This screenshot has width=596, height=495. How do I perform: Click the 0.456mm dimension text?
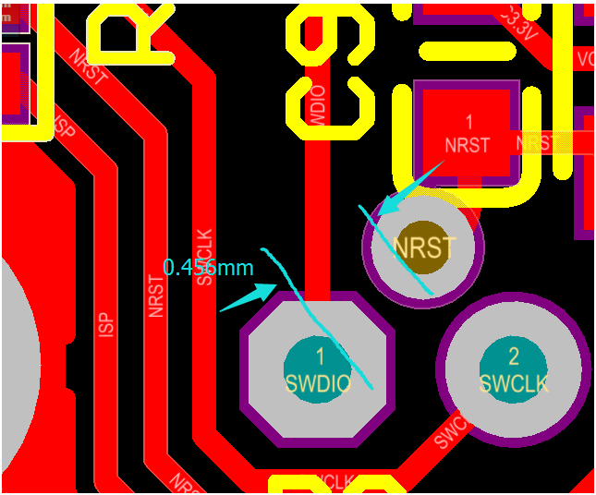(x=208, y=268)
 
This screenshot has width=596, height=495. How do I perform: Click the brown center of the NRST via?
(x=424, y=247)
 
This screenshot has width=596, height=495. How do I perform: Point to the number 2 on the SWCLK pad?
(x=514, y=356)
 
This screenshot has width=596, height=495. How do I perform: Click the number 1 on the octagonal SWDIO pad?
(x=320, y=356)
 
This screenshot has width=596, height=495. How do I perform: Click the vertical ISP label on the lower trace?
(x=105, y=322)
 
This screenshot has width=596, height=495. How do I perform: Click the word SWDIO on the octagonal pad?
(x=319, y=384)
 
